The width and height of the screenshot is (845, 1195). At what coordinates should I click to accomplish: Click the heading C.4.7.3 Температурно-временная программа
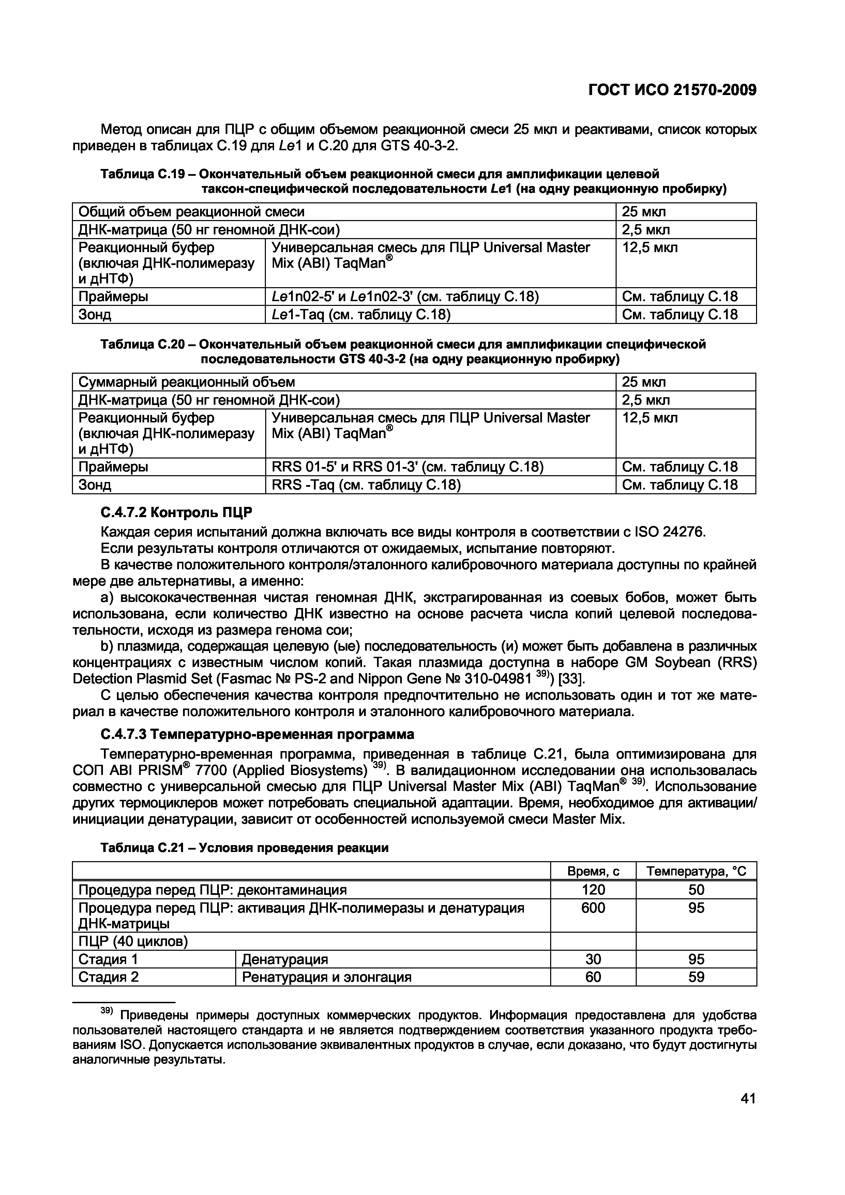pos(257,734)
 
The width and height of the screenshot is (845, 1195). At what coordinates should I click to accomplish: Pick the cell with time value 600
pos(593,908)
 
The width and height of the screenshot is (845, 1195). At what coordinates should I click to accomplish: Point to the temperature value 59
pos(696,977)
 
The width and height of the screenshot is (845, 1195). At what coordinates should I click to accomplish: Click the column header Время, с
pos(593,872)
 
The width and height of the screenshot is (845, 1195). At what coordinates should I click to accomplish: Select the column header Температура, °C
pos(696,872)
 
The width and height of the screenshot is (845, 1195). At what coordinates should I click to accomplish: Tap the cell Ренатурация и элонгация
pos(327,977)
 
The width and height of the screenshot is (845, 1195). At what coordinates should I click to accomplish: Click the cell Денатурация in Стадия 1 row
pos(285,959)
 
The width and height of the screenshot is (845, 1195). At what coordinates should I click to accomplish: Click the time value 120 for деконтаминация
pos(593,890)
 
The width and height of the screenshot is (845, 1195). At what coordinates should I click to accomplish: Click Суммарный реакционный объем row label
pos(186,382)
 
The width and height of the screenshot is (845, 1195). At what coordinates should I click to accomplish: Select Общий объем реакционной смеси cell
pos(191,212)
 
